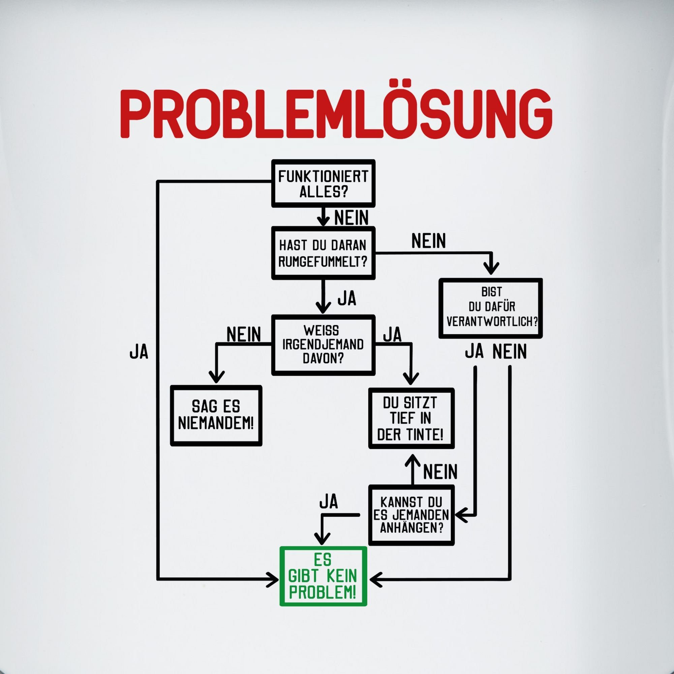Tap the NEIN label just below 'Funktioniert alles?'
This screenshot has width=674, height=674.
pyautogui.click(x=351, y=218)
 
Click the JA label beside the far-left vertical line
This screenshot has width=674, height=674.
pyautogui.click(x=139, y=353)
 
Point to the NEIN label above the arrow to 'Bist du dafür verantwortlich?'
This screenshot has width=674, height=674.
pyautogui.click(x=428, y=241)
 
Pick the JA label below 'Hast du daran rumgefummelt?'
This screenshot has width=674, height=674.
pyautogui.click(x=347, y=299)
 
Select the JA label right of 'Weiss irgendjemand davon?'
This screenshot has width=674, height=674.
pyautogui.click(x=393, y=335)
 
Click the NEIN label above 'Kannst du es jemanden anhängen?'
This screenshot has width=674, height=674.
pyautogui.click(x=440, y=472)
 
